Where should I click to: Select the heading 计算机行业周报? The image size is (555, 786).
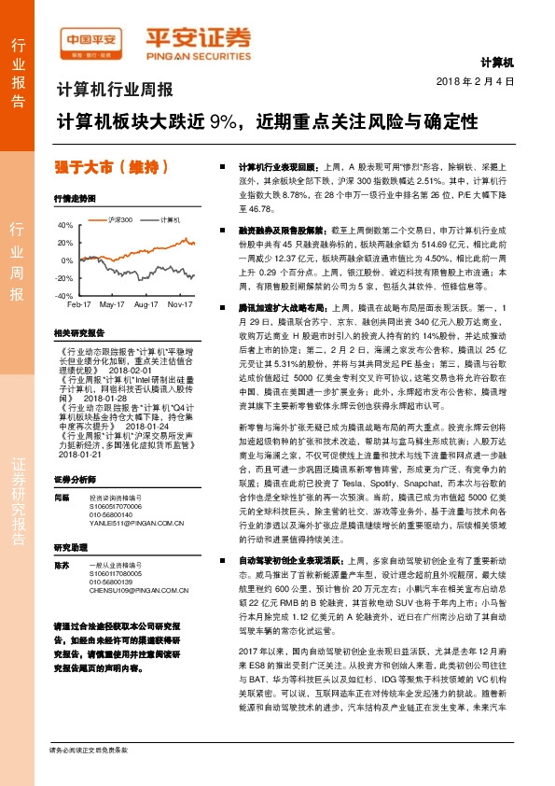click(x=116, y=91)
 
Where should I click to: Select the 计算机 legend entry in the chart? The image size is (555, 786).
click(x=169, y=219)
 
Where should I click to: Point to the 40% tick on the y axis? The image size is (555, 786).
click(x=64, y=225)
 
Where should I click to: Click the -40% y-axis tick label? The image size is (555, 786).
click(x=63, y=295)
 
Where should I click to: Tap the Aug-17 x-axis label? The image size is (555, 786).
click(x=146, y=305)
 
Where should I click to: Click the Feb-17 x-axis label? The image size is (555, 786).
click(x=79, y=305)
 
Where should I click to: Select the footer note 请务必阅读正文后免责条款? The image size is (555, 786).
click(x=90, y=776)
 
